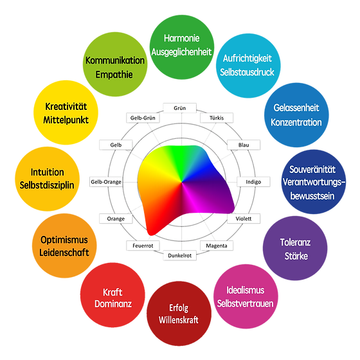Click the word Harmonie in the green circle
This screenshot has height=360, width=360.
tap(181, 39)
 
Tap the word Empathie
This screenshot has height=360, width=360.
tap(114, 75)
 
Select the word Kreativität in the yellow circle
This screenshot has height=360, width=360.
tap(66, 107)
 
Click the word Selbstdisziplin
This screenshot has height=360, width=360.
tap(47, 185)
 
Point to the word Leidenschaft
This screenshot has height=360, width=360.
tap(64, 253)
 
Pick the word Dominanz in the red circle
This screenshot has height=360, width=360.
tap(113, 304)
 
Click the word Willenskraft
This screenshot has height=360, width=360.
tap(179, 320)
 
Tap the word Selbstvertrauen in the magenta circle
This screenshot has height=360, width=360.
tap(246, 303)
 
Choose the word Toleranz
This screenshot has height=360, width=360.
tap(295, 242)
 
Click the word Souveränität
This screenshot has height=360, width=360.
tap(312, 170)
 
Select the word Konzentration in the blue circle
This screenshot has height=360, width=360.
tap(296, 122)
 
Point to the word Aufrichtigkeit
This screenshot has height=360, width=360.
tap(248, 59)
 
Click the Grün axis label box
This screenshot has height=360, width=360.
tap(180, 108)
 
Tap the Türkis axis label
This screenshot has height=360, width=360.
tap(217, 118)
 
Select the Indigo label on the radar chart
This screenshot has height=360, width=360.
tap(253, 182)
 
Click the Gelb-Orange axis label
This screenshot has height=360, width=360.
tap(106, 182)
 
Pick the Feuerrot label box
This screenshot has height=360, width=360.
tap(143, 246)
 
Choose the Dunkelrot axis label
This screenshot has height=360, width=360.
tap(180, 256)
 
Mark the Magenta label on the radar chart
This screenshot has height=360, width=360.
tap(217, 246)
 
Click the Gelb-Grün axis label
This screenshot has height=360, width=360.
tap(143, 118)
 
